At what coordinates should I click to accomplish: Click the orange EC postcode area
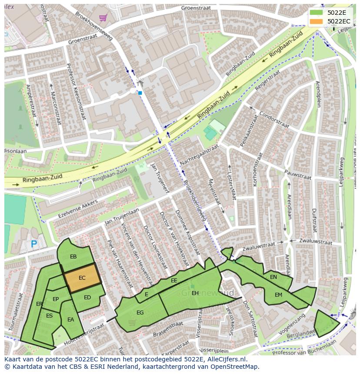tap(82, 278)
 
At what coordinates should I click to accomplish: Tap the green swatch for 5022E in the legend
tap(316, 12)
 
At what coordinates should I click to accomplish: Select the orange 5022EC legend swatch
tap(316, 21)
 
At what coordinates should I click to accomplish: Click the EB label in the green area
tap(73, 257)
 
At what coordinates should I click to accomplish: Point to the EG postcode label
tap(140, 312)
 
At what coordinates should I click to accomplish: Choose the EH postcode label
tap(195, 293)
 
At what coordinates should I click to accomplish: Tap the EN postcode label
tap(273, 277)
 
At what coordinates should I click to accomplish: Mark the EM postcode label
tap(278, 295)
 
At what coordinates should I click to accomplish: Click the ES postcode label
tap(49, 316)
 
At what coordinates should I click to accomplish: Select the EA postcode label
tap(70, 320)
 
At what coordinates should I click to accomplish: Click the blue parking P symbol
tap(34, 245)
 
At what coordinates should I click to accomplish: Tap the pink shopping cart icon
tap(103, 18)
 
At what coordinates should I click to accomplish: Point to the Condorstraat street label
tap(274, 120)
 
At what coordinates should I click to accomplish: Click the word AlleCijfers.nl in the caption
tap(226, 360)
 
